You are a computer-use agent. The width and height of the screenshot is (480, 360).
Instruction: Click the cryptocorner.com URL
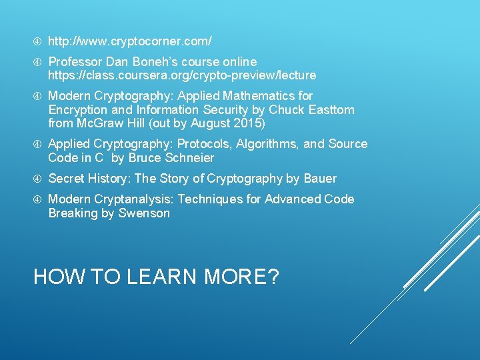pyautogui.click(x=130, y=41)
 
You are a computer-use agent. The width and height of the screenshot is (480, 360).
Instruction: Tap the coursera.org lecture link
pyautogui.click(x=182, y=75)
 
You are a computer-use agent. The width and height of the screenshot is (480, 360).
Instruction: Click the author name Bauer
pyautogui.click(x=319, y=179)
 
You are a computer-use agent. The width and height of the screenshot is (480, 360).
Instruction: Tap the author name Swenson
pyautogui.click(x=144, y=213)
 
